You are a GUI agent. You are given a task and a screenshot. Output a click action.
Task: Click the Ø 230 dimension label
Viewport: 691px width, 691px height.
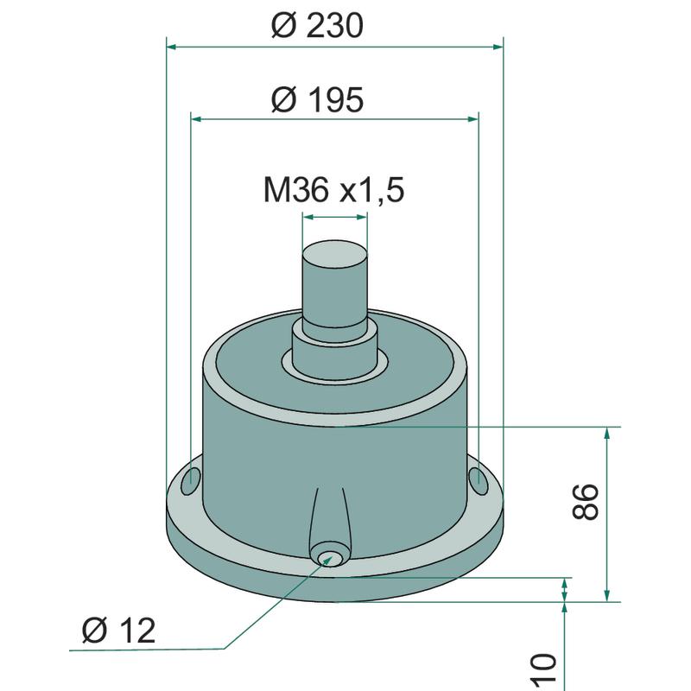coord(317,26)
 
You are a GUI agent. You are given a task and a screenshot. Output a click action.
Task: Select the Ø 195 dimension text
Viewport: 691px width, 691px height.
coord(317,99)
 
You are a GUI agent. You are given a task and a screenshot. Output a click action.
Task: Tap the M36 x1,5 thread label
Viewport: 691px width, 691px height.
coord(333,190)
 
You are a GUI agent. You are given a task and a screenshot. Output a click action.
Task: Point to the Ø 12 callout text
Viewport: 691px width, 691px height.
coord(118,631)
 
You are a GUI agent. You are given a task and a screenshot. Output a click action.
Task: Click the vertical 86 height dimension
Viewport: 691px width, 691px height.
coord(586,502)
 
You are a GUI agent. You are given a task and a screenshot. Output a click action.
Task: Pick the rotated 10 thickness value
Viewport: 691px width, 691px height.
coord(545,670)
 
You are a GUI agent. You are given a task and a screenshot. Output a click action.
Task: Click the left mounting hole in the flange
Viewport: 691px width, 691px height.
coord(190,481)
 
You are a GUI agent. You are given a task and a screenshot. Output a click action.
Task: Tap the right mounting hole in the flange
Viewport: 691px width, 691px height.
coord(479,481)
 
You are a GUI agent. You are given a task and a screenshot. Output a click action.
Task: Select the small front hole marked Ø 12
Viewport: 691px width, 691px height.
coord(329,557)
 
